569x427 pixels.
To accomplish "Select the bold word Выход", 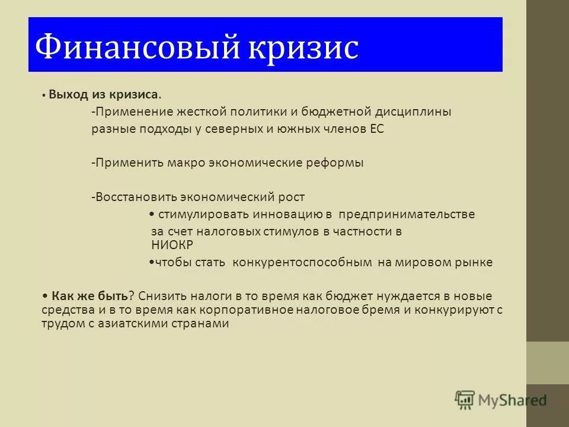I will click(x=68, y=94).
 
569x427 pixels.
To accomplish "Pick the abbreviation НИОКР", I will click(x=173, y=244).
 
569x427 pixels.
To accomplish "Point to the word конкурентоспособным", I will click(x=302, y=262).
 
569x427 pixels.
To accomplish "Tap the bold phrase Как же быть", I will click(x=90, y=295).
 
